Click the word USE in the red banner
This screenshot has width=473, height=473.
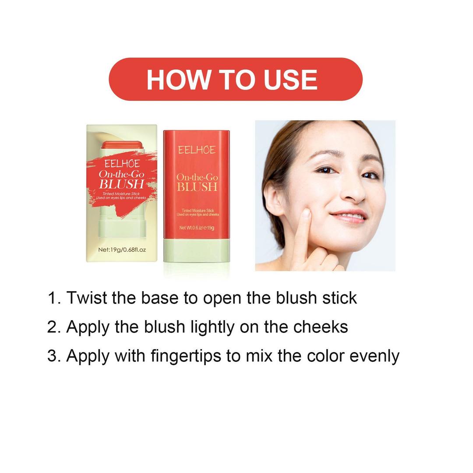[290, 80]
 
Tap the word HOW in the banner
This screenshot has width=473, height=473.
[178, 80]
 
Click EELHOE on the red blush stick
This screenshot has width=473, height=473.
[197, 150]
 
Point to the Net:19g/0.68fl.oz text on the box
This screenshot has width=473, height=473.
[122, 250]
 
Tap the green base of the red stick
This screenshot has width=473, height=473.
[196, 251]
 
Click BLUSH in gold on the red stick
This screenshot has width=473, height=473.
[197, 187]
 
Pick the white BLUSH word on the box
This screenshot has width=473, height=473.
[122, 184]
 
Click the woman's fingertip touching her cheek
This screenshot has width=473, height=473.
[306, 213]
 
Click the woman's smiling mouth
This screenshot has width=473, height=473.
[349, 216]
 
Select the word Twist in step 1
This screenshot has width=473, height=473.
[87, 298]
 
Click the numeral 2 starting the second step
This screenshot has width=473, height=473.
[52, 327]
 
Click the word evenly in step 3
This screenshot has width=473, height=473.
[374, 357]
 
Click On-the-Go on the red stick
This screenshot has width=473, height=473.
[197, 177]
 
